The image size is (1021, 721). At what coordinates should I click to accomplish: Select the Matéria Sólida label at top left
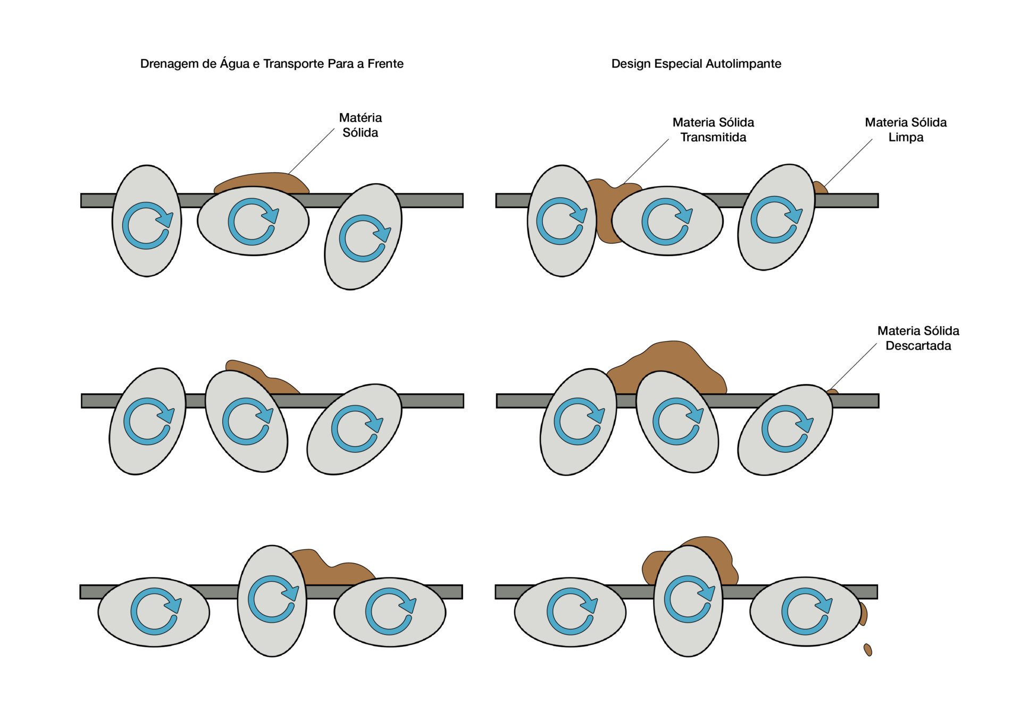click(360, 125)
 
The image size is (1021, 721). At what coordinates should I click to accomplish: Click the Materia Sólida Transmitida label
click(713, 130)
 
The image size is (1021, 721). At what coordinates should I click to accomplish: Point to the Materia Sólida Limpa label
click(906, 130)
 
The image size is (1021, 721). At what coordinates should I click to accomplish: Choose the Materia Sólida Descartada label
click(918, 338)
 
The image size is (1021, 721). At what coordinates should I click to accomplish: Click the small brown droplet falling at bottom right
click(868, 650)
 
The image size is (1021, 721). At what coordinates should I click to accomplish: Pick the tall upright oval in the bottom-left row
click(272, 600)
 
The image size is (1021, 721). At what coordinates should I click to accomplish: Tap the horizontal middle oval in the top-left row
click(253, 220)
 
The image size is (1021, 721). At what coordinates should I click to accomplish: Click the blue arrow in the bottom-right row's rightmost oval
click(806, 611)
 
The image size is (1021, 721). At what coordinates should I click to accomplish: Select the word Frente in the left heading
click(385, 64)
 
